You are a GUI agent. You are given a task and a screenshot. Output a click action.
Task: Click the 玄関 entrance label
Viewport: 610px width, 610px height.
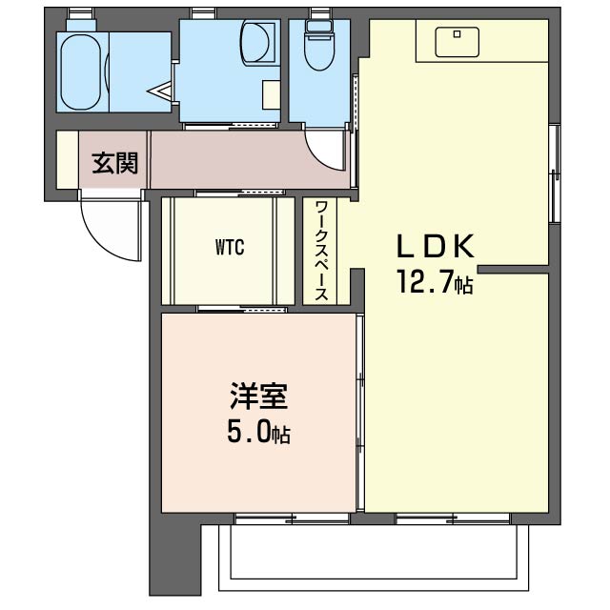tap(115, 163)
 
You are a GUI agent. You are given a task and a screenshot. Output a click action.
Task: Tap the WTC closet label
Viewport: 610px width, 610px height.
tap(230, 249)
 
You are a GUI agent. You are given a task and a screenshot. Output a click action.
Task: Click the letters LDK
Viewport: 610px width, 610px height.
tap(435, 247)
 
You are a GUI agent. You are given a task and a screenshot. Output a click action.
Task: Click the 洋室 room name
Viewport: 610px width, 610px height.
tap(258, 396)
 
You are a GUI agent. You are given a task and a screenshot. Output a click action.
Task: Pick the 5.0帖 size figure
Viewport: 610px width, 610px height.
tap(258, 434)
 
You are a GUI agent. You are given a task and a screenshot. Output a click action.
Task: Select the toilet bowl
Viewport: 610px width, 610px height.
tap(316, 43)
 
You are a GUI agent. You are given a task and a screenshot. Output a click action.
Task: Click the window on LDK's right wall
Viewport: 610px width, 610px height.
tap(554, 172)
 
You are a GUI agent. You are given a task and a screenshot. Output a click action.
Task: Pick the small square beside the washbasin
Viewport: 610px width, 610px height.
tap(271, 94)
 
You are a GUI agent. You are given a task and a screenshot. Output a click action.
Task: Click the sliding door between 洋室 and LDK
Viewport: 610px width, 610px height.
tap(360, 415)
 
